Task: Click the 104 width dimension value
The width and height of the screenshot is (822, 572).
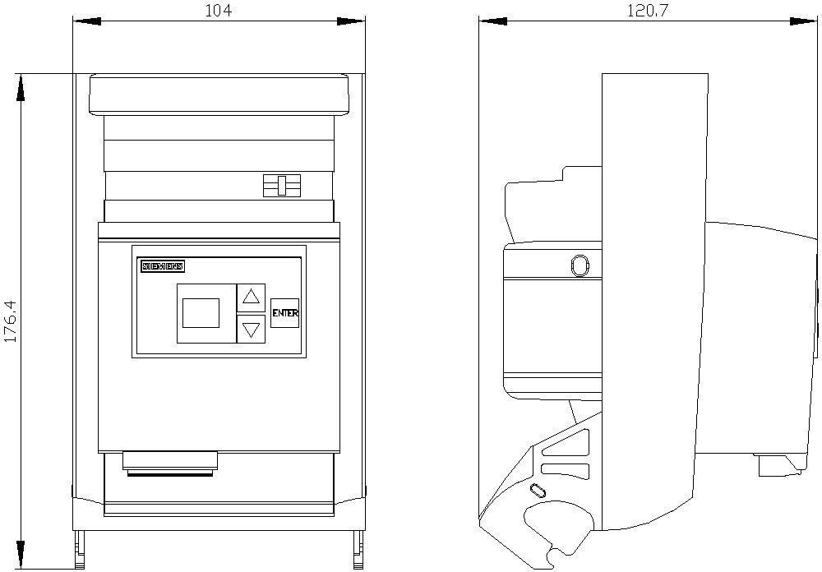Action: [218, 10]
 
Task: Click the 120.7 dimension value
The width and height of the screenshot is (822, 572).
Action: [649, 10]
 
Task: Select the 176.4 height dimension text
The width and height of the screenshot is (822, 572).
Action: [11, 321]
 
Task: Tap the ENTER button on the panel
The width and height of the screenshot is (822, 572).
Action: [284, 313]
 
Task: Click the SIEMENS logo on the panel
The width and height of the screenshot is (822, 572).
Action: [163, 266]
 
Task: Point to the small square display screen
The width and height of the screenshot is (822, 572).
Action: [201, 313]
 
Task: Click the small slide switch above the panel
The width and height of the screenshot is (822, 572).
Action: [282, 186]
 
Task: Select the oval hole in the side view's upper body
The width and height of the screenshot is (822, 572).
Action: [580, 265]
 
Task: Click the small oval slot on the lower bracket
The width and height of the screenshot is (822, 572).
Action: [538, 491]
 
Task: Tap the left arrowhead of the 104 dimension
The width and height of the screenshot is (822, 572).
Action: [86, 21]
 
